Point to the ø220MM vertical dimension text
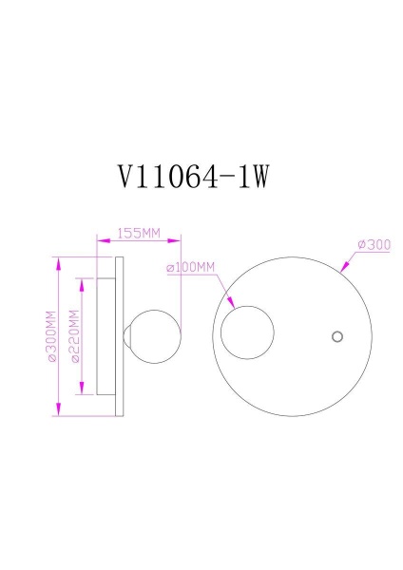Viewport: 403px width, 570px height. (x=72, y=337)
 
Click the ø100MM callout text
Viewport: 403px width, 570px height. (x=191, y=268)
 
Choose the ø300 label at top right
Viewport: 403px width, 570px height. (x=374, y=244)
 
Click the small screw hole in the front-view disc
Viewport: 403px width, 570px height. (x=336, y=335)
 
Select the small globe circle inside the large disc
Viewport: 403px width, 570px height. (x=247, y=334)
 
